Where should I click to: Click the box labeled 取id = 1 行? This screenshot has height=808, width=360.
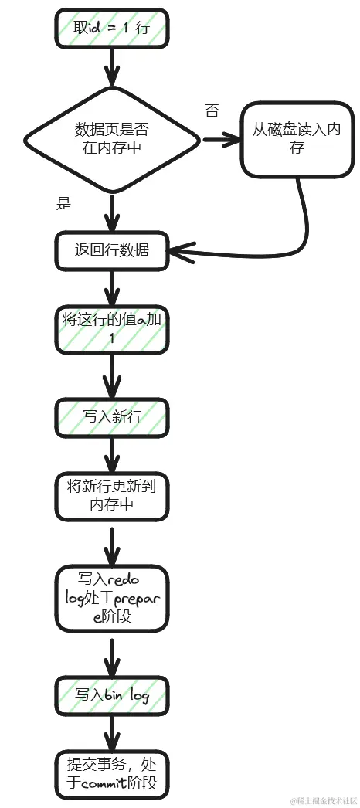[111, 28]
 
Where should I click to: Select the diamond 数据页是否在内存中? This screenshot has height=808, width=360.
[113, 139]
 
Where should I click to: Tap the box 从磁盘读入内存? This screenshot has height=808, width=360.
[297, 138]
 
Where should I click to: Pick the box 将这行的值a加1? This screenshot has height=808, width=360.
[113, 330]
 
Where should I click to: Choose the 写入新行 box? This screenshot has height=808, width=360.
[113, 417]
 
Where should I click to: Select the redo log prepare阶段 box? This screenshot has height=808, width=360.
[113, 598]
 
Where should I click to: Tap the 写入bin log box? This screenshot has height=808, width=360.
[113, 695]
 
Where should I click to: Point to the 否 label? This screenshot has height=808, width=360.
[211, 111]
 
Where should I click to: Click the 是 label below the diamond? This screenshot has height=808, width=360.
[64, 204]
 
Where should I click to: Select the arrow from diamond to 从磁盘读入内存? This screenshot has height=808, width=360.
[221, 140]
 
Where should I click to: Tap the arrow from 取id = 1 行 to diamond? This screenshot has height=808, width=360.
[113, 65]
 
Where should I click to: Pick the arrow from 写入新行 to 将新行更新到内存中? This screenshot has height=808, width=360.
[113, 455]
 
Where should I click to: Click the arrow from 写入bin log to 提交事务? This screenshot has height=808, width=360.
[113, 733]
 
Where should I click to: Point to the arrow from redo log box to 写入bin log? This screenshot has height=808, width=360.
[113, 655]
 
